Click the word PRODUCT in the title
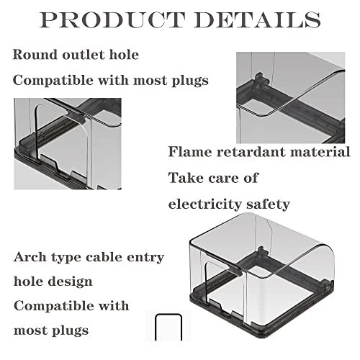(x=112, y=19)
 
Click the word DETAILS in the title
(x=258, y=19)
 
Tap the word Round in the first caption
(x=35, y=55)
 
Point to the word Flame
(x=189, y=152)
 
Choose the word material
(x=320, y=152)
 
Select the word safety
(x=265, y=204)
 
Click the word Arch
(x=30, y=257)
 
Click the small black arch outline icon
(x=168, y=327)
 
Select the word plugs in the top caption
(x=190, y=81)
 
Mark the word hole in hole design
(x=29, y=281)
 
